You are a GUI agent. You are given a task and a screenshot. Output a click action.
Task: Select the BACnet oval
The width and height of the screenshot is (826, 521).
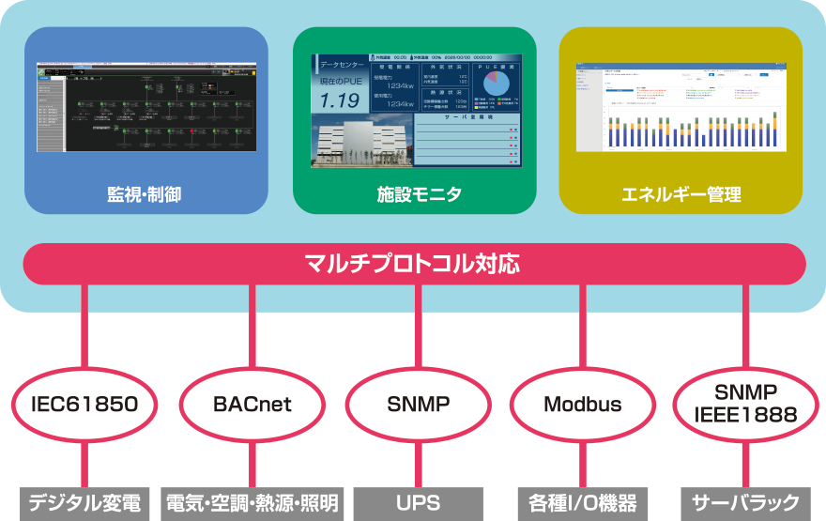[x=252, y=405]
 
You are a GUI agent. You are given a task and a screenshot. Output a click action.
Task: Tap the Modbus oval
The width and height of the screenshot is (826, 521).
[x=582, y=405]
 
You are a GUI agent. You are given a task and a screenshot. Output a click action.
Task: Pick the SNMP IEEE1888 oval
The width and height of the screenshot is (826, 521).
[x=747, y=405]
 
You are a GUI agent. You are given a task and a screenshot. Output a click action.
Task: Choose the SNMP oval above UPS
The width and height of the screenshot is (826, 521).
[x=418, y=405]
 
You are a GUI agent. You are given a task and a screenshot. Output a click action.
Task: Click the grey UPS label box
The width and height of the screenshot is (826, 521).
[x=418, y=502]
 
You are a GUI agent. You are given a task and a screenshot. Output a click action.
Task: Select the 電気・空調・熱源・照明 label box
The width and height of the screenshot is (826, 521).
[x=252, y=502]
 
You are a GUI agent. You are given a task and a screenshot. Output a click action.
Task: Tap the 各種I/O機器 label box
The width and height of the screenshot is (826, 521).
[x=582, y=502]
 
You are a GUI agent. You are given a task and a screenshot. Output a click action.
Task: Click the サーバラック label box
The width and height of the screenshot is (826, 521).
[x=746, y=502]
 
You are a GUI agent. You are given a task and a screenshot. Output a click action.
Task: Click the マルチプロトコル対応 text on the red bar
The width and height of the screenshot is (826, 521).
[x=413, y=264]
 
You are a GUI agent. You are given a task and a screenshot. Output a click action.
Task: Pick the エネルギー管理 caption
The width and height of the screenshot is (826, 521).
[x=681, y=194]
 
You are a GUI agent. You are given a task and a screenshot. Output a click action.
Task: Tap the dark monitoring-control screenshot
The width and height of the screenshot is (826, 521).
[x=145, y=113]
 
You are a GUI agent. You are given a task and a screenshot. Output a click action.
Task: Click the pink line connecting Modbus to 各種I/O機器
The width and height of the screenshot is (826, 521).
[x=582, y=463]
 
